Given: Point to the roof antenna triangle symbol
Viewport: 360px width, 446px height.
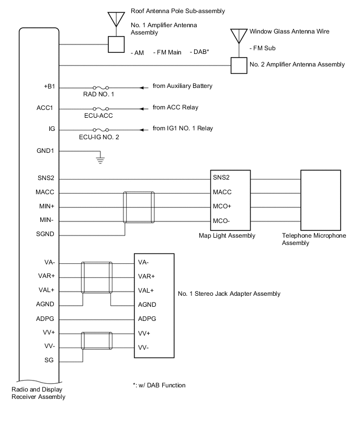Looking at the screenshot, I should pyautogui.click(x=115, y=19).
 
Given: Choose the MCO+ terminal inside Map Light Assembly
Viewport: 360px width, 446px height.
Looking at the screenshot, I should pyautogui.click(x=222, y=206).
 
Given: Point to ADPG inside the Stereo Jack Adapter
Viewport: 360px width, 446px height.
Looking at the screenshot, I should pyautogui.click(x=147, y=319).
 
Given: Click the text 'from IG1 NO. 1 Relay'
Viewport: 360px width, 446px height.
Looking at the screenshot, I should pyautogui.click(x=183, y=128).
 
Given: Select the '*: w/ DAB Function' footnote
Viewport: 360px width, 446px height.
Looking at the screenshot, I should pyautogui.click(x=159, y=385).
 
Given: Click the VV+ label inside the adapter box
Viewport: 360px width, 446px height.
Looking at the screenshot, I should pyautogui.click(x=145, y=333).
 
